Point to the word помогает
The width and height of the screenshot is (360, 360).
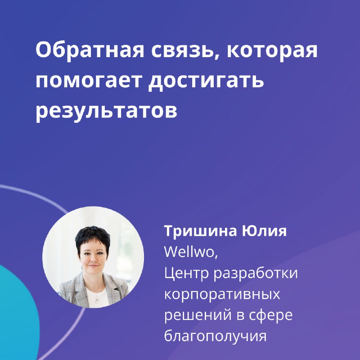[x=88, y=81]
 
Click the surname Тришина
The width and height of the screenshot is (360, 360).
[x=200, y=231]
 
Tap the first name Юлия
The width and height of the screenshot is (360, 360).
[x=264, y=231]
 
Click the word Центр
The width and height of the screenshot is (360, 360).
[x=186, y=273]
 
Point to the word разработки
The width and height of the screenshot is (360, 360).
[x=256, y=273]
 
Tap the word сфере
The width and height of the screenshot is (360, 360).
[x=271, y=315]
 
